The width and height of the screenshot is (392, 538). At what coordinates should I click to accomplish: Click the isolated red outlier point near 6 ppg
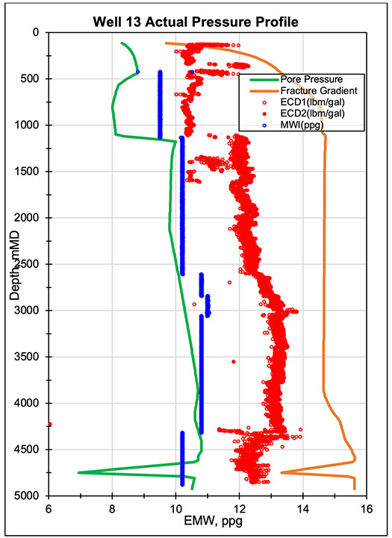tap(49, 424)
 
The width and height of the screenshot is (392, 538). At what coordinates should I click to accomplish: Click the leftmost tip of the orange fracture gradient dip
tap(281, 472)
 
